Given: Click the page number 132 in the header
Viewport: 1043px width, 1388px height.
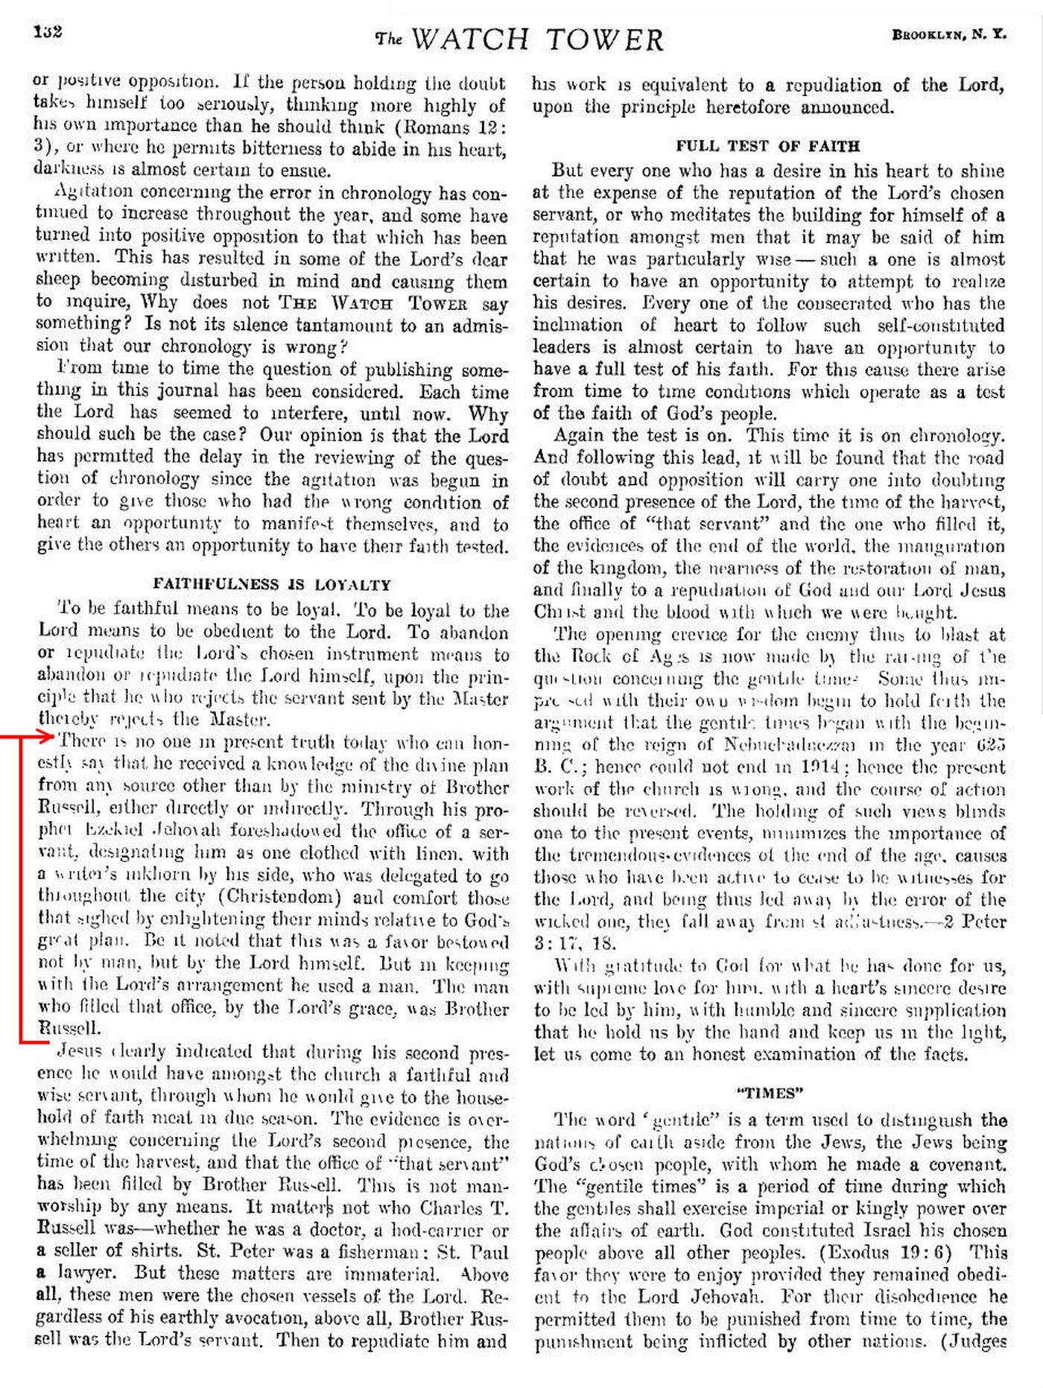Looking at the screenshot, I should point(47,31).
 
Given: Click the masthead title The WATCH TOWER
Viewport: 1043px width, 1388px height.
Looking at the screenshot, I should point(519,39).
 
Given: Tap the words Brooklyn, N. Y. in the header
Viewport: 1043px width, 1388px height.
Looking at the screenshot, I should point(948,34).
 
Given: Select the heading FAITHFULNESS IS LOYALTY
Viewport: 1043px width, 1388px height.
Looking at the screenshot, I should point(272,584).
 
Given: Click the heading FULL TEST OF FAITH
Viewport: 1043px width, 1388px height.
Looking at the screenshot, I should point(767,146).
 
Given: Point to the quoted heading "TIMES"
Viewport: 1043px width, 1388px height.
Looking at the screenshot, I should point(770,1093).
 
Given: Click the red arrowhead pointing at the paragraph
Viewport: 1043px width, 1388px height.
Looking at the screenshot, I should point(48,737).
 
